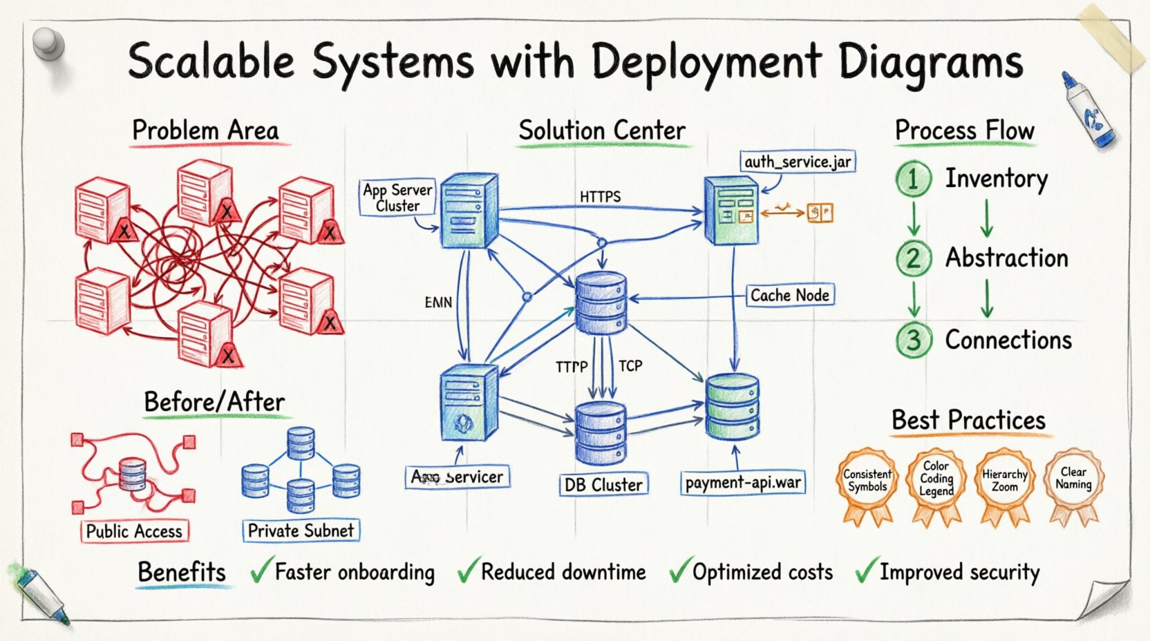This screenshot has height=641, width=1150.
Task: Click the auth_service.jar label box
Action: [x=798, y=162]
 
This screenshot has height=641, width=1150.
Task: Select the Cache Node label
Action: [x=790, y=295]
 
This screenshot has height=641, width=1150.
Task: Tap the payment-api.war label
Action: [x=743, y=482]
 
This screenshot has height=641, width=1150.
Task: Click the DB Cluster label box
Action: [x=603, y=485]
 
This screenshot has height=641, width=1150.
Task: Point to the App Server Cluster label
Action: [x=397, y=198]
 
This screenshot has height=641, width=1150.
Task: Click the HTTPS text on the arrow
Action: [x=600, y=197]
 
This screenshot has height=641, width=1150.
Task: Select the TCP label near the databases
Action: [x=630, y=365]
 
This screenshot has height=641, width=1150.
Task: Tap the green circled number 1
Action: [x=913, y=180]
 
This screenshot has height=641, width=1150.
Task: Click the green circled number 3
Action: [x=913, y=341]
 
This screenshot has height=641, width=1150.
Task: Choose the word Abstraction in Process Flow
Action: [x=1006, y=258]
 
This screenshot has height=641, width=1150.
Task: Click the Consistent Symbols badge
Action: [x=867, y=481]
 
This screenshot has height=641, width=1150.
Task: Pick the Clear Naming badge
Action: [x=1073, y=478]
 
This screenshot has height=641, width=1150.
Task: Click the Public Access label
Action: [x=134, y=531]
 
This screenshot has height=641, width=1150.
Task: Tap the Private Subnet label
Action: [x=301, y=530]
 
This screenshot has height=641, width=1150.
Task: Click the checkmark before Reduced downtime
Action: [x=467, y=571]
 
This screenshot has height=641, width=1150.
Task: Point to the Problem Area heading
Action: [x=205, y=131]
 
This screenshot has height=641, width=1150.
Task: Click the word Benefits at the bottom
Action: [x=182, y=573]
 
